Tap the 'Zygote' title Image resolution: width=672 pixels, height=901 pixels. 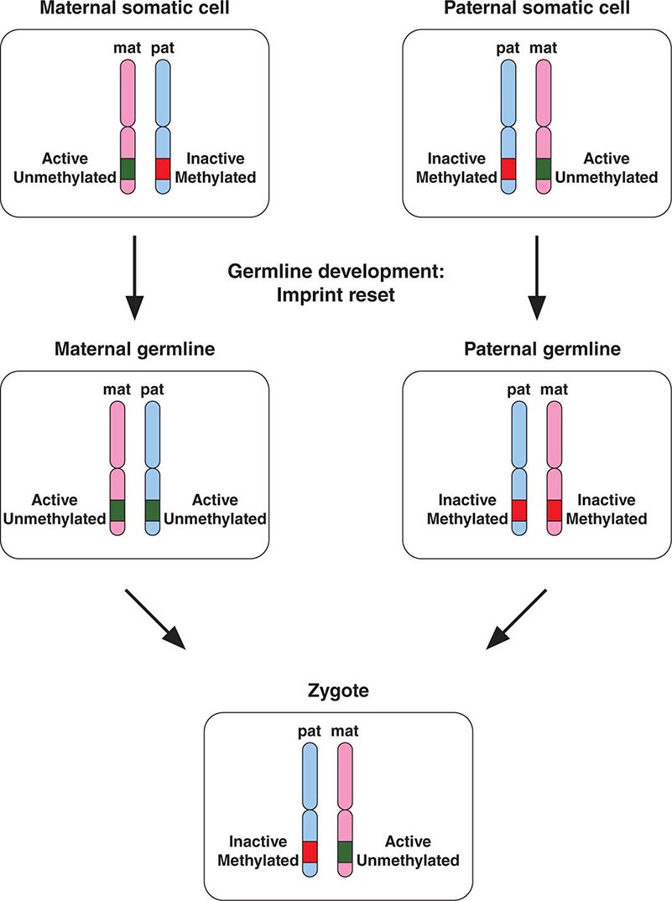click(336, 691)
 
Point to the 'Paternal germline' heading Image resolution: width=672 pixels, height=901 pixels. click(537, 348)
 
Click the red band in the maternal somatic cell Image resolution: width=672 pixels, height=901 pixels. click(163, 168)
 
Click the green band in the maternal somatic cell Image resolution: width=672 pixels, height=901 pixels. click(128, 168)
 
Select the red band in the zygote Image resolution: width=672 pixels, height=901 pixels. click(311, 852)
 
